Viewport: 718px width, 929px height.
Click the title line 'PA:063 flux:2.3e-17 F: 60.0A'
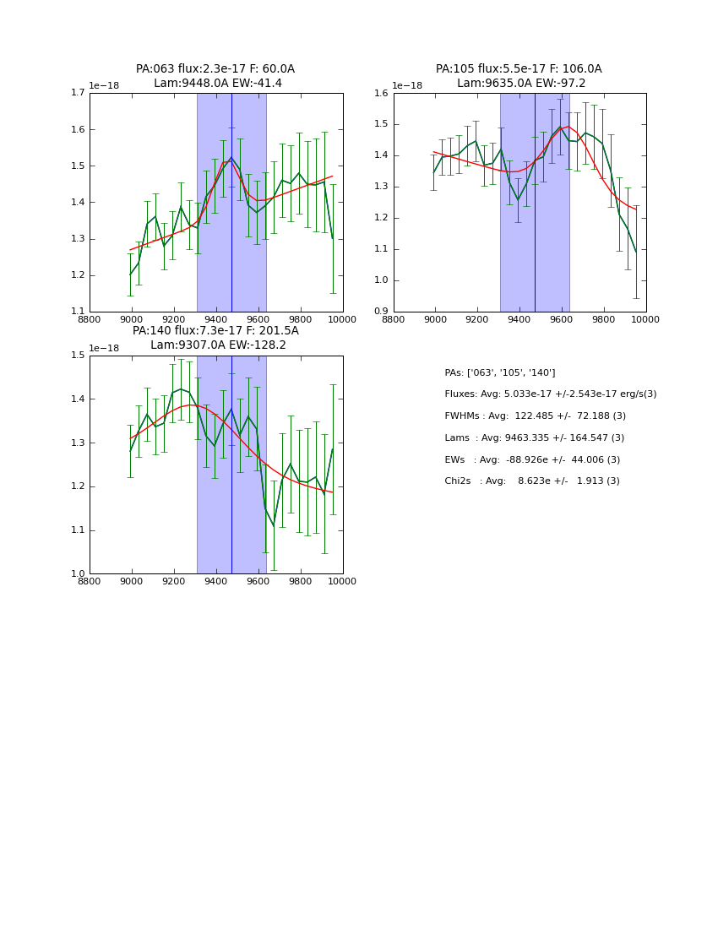pyautogui.click(x=215, y=69)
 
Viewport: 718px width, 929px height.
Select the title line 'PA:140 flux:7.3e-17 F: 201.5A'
pyautogui.click(x=215, y=331)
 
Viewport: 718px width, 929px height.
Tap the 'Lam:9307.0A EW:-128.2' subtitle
pyautogui.click(x=218, y=345)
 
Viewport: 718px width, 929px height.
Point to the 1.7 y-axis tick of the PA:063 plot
pyautogui.click(x=75, y=93)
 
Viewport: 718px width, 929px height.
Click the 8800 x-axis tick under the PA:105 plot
pyautogui.click(x=394, y=318)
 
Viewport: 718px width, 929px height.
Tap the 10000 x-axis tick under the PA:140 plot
pyautogui.click(x=343, y=580)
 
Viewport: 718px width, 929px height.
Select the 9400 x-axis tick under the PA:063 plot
pyautogui.click(x=216, y=318)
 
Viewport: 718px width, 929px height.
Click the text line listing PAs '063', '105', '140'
pyautogui.click(x=500, y=372)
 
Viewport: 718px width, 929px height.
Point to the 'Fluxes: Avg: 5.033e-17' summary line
pyautogui.click(x=550, y=394)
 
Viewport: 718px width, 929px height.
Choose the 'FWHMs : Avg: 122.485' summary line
pyautogui.click(x=535, y=416)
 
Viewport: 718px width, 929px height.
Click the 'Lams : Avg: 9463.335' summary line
pyautogui.click(x=534, y=437)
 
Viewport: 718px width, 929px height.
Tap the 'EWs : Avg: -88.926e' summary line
pyautogui.click(x=532, y=459)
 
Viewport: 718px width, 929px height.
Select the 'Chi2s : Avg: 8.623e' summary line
pyautogui.click(x=532, y=481)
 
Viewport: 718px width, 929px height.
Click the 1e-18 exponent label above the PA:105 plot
pyautogui.click(x=407, y=85)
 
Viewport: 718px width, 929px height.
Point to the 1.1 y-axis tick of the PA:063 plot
pyautogui.click(x=75, y=312)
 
